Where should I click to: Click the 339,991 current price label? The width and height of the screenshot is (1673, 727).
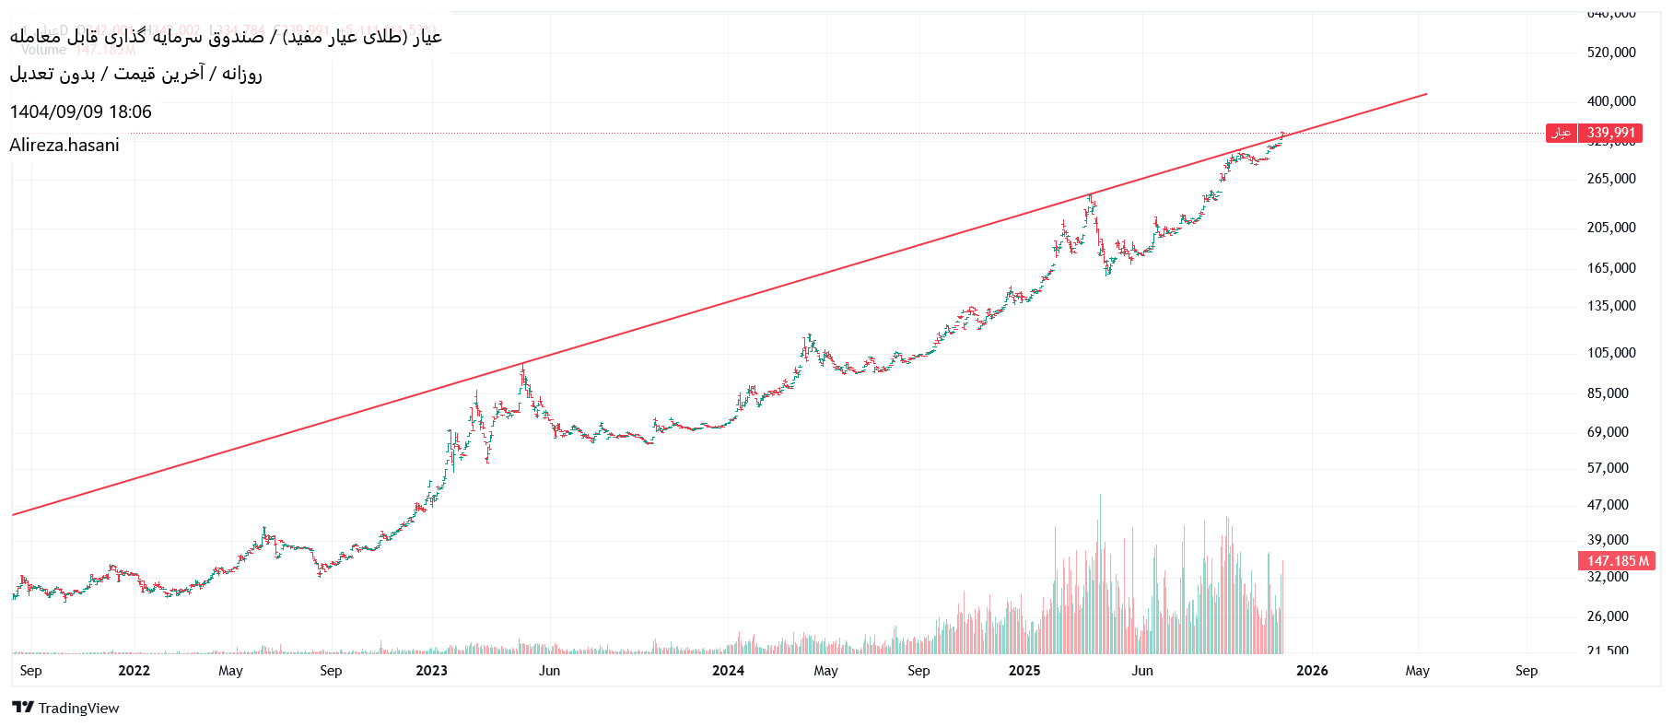(1610, 133)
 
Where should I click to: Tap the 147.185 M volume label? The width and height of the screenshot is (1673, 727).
(1617, 560)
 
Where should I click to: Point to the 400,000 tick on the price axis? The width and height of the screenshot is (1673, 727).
(1611, 101)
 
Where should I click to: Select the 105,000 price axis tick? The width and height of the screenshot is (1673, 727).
(1611, 353)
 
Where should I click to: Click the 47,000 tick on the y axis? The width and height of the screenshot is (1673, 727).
(1608, 505)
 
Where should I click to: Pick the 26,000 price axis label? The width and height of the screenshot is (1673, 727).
(1608, 616)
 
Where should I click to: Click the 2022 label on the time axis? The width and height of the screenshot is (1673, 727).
(134, 671)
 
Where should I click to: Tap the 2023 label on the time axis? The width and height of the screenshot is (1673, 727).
(431, 671)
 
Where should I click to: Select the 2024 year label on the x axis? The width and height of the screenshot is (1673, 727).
(728, 671)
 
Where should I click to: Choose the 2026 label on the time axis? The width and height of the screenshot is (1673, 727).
(1312, 671)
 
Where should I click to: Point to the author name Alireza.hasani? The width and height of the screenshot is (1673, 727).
(64, 145)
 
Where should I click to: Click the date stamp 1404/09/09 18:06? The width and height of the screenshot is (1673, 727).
(80, 111)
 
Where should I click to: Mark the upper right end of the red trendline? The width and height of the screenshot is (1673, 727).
(1426, 94)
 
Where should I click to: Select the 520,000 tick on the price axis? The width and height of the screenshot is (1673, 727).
(1611, 53)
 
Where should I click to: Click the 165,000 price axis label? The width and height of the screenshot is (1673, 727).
(1611, 268)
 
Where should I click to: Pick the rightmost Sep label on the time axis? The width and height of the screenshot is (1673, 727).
(1526, 671)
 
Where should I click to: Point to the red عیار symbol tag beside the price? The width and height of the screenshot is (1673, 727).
(1561, 133)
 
